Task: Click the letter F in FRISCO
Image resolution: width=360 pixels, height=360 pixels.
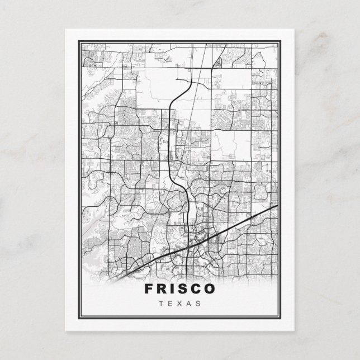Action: (x=149, y=289)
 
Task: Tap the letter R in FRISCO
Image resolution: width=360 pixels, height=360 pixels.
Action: (x=162, y=289)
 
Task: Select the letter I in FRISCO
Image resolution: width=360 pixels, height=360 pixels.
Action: (x=173, y=289)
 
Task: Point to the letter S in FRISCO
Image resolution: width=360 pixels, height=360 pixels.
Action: (x=183, y=289)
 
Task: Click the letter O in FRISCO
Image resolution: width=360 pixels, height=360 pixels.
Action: (x=210, y=289)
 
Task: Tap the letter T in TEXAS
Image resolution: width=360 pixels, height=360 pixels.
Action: (x=161, y=304)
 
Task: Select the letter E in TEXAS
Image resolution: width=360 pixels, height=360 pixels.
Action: (x=170, y=304)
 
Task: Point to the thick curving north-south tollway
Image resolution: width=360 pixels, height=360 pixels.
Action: (x=169, y=140)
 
